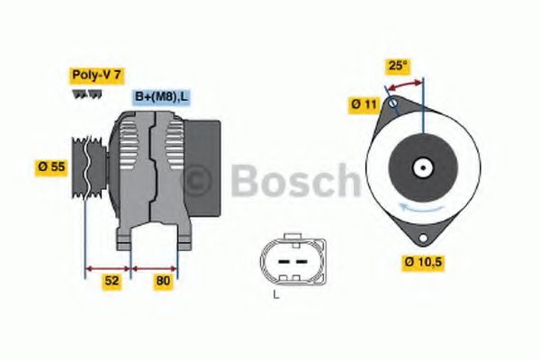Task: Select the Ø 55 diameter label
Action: click(x=52, y=166)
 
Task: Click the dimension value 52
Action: click(x=111, y=280)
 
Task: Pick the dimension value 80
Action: click(x=162, y=280)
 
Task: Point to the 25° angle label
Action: click(x=398, y=66)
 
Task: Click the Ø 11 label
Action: click(x=364, y=105)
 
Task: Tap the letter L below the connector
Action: click(x=276, y=294)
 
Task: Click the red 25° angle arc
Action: click(x=404, y=84)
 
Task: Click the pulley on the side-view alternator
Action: click(x=86, y=171)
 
